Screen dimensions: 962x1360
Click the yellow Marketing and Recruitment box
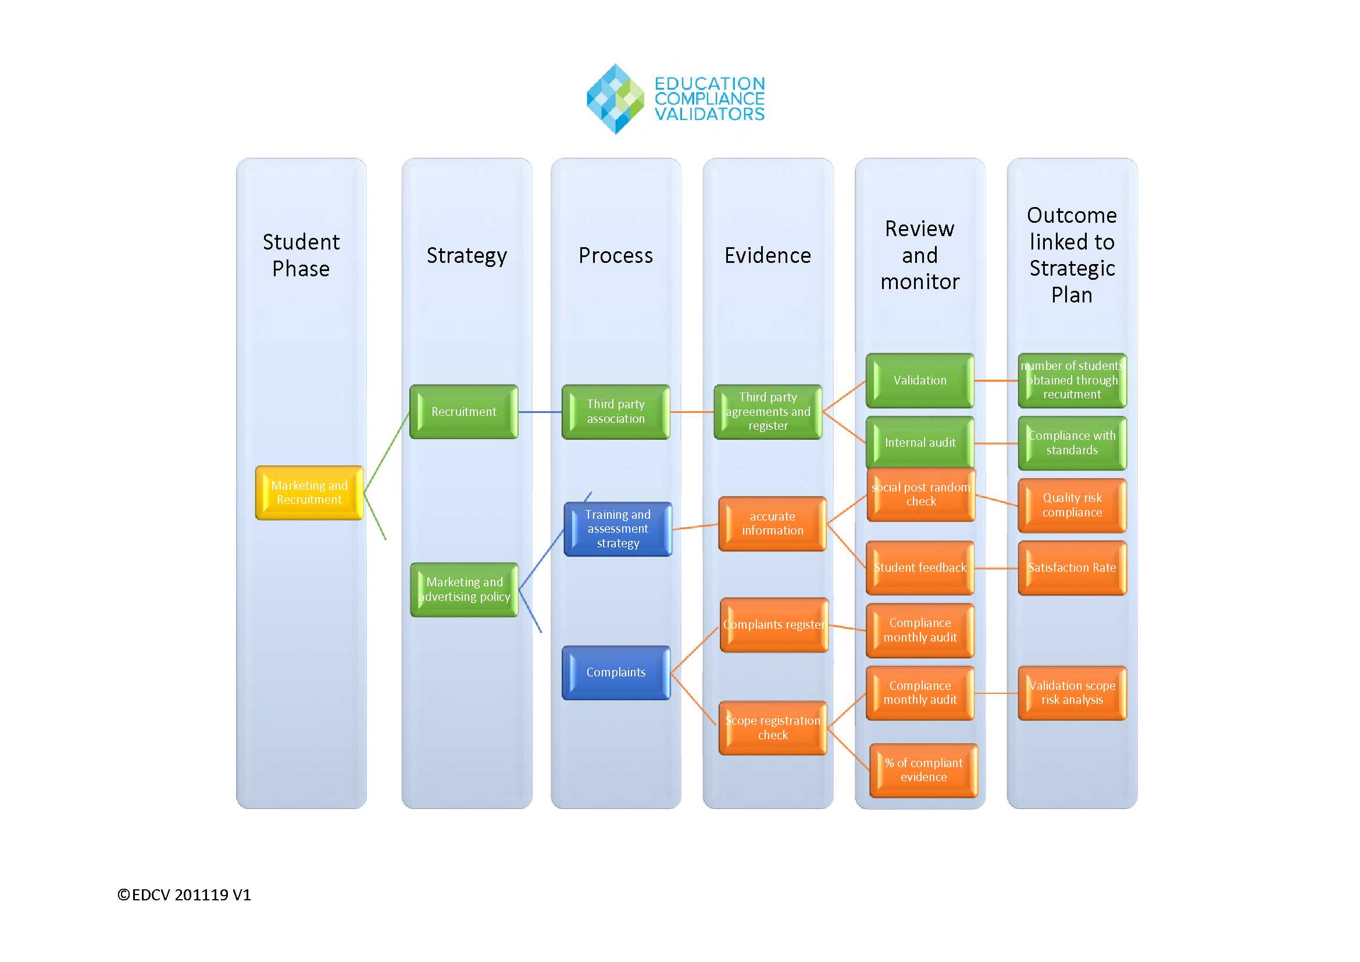point(309,492)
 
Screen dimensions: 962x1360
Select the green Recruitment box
point(463,412)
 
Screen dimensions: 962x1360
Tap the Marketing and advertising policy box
point(464,589)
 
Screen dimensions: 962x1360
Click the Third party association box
point(615,412)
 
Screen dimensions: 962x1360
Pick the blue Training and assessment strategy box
point(617,529)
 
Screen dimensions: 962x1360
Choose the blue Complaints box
point(615,672)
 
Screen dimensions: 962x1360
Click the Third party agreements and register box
point(768,412)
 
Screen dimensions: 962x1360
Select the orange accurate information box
point(772,523)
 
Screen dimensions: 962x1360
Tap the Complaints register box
point(773,625)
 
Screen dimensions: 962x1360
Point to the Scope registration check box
point(772,728)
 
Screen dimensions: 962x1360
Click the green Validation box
point(919,380)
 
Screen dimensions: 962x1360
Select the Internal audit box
point(919,443)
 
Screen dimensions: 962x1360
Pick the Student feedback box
point(919,568)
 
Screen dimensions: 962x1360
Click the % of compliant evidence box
point(923,770)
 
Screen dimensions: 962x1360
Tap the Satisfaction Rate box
point(1072,568)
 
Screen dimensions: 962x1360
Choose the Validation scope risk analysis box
point(1072,693)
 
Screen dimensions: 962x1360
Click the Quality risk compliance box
point(1072,505)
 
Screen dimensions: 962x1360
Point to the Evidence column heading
point(768,255)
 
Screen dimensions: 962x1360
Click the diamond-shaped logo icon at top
point(615,99)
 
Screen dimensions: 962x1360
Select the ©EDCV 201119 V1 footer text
point(184,895)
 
